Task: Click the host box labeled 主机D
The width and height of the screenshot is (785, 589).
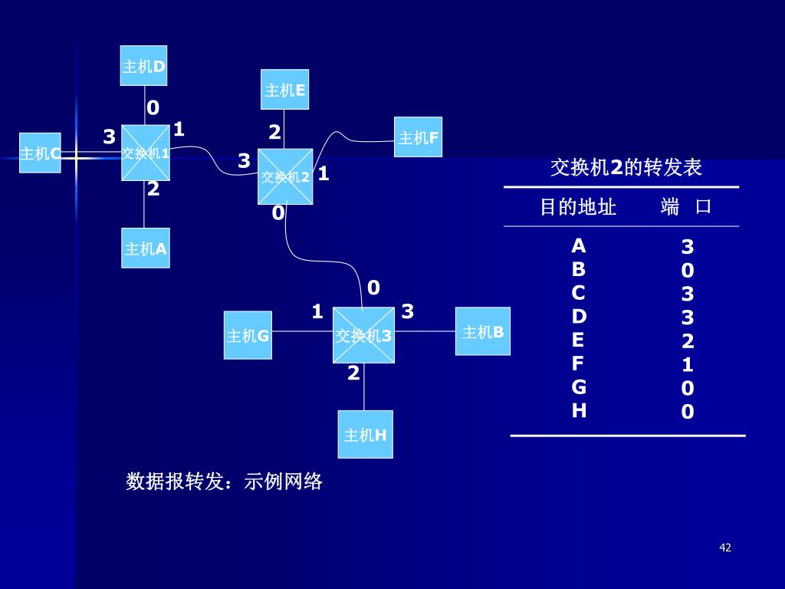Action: [143, 66]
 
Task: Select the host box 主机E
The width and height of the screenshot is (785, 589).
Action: [284, 90]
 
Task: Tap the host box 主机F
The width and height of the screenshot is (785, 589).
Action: [418, 137]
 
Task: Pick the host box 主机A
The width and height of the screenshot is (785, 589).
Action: [145, 248]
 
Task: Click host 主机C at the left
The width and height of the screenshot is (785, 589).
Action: [40, 153]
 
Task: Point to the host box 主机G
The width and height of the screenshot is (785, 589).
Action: [248, 335]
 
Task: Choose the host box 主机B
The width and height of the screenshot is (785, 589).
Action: [482, 331]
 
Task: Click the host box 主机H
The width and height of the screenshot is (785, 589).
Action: [365, 434]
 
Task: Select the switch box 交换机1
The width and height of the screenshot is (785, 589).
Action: [145, 153]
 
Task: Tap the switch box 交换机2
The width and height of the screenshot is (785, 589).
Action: [285, 176]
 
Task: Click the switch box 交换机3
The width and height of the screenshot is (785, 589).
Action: [363, 335]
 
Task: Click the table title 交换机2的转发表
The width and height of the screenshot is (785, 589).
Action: [626, 167]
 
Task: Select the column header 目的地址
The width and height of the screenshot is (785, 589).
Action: [578, 206]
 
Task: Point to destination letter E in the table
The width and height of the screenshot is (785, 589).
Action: [579, 340]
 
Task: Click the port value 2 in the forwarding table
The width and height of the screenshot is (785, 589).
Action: [688, 341]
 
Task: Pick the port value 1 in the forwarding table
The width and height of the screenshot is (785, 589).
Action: [688, 364]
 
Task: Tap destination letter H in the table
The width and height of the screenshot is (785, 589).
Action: [579, 410]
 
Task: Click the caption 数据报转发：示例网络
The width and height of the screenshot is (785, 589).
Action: [224, 482]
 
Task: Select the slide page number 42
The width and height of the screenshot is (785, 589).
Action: [725, 548]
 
